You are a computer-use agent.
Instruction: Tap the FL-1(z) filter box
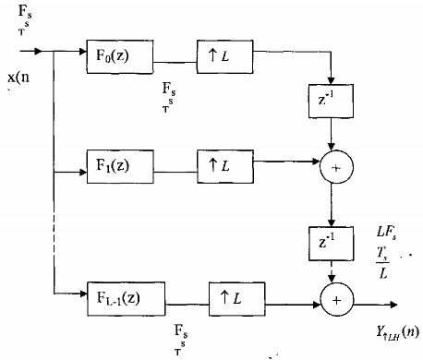point(125,297)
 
